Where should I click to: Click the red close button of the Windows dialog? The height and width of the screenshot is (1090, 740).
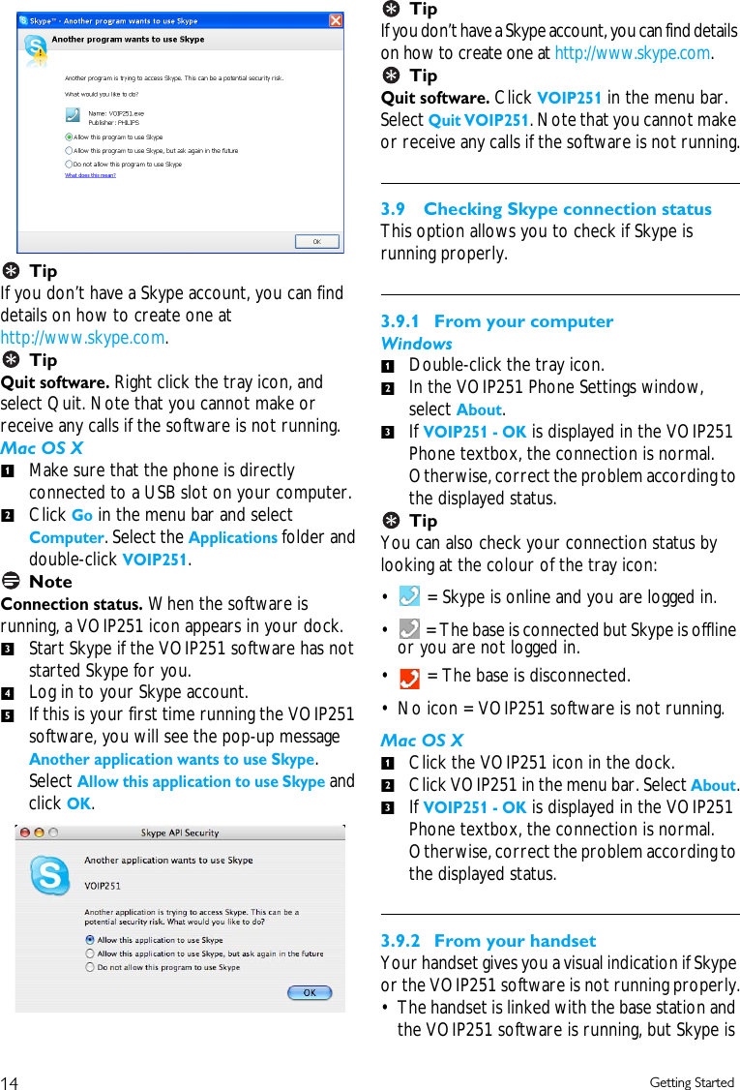coord(336,20)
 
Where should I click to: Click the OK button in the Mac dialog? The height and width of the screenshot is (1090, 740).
coord(310,992)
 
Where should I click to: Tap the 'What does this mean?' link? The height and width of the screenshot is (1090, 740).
coord(90,175)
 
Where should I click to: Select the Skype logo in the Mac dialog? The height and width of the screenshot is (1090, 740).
coord(49,876)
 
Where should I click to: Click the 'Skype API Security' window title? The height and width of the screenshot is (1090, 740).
coord(180,833)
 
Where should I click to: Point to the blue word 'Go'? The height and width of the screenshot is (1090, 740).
coord(82,515)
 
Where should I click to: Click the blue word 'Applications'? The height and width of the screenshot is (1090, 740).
coord(232,537)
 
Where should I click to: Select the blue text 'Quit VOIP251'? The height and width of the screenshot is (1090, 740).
coord(478,120)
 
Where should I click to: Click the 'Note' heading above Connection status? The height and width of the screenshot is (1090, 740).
coord(50,582)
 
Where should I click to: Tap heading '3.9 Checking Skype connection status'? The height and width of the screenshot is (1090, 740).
coord(547,209)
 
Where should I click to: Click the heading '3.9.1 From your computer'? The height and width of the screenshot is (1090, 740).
coord(497,321)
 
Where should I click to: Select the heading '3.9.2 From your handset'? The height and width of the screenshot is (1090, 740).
coord(488,941)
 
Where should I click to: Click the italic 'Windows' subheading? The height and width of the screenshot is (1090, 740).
coord(416,344)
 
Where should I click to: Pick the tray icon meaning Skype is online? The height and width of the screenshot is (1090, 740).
coord(409,596)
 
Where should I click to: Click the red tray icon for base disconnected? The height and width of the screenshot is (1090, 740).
coord(409,676)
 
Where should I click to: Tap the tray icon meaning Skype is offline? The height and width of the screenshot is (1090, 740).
coord(409,630)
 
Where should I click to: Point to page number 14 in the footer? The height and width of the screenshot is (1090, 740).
coord(10,1082)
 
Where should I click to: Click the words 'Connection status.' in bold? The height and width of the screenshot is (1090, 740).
coord(72,604)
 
